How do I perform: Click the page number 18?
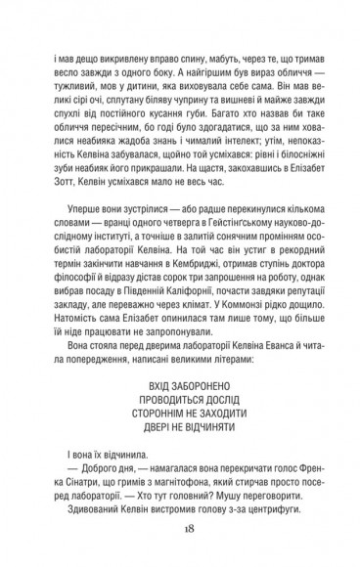pos(180,529)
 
